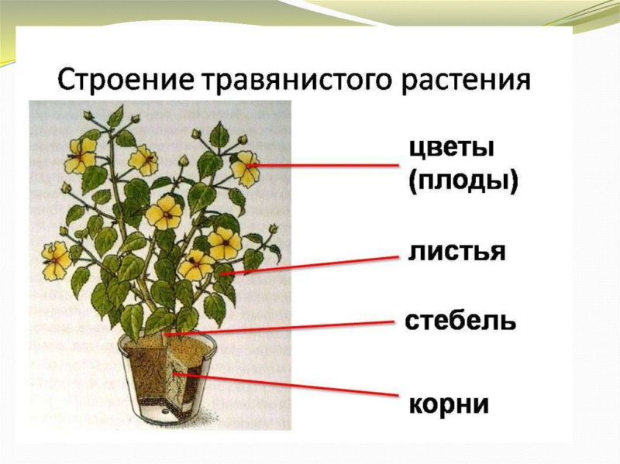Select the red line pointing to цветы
(x=325, y=166)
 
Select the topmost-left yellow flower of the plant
(x=81, y=155)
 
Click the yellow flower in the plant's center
(x=164, y=211)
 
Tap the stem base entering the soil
(x=164, y=335)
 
